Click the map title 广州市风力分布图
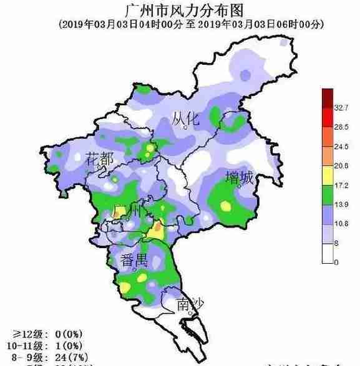[181, 10]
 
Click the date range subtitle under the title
[182, 24]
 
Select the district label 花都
[100, 158]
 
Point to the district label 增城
[240, 178]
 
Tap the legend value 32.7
[341, 108]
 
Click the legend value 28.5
[341, 127]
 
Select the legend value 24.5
[341, 147]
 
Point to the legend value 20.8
[341, 166]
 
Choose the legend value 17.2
[341, 186]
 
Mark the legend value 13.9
[341, 205]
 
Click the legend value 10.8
[341, 224]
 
